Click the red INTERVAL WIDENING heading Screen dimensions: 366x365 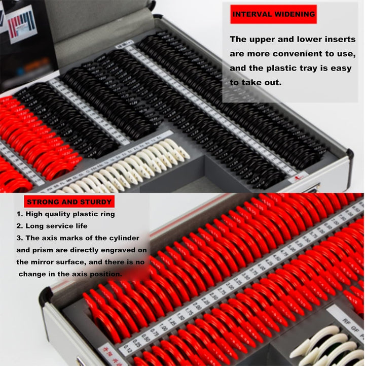point(273,14)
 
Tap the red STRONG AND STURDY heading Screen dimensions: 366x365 point(63,202)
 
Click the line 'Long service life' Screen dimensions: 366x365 point(56,226)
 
